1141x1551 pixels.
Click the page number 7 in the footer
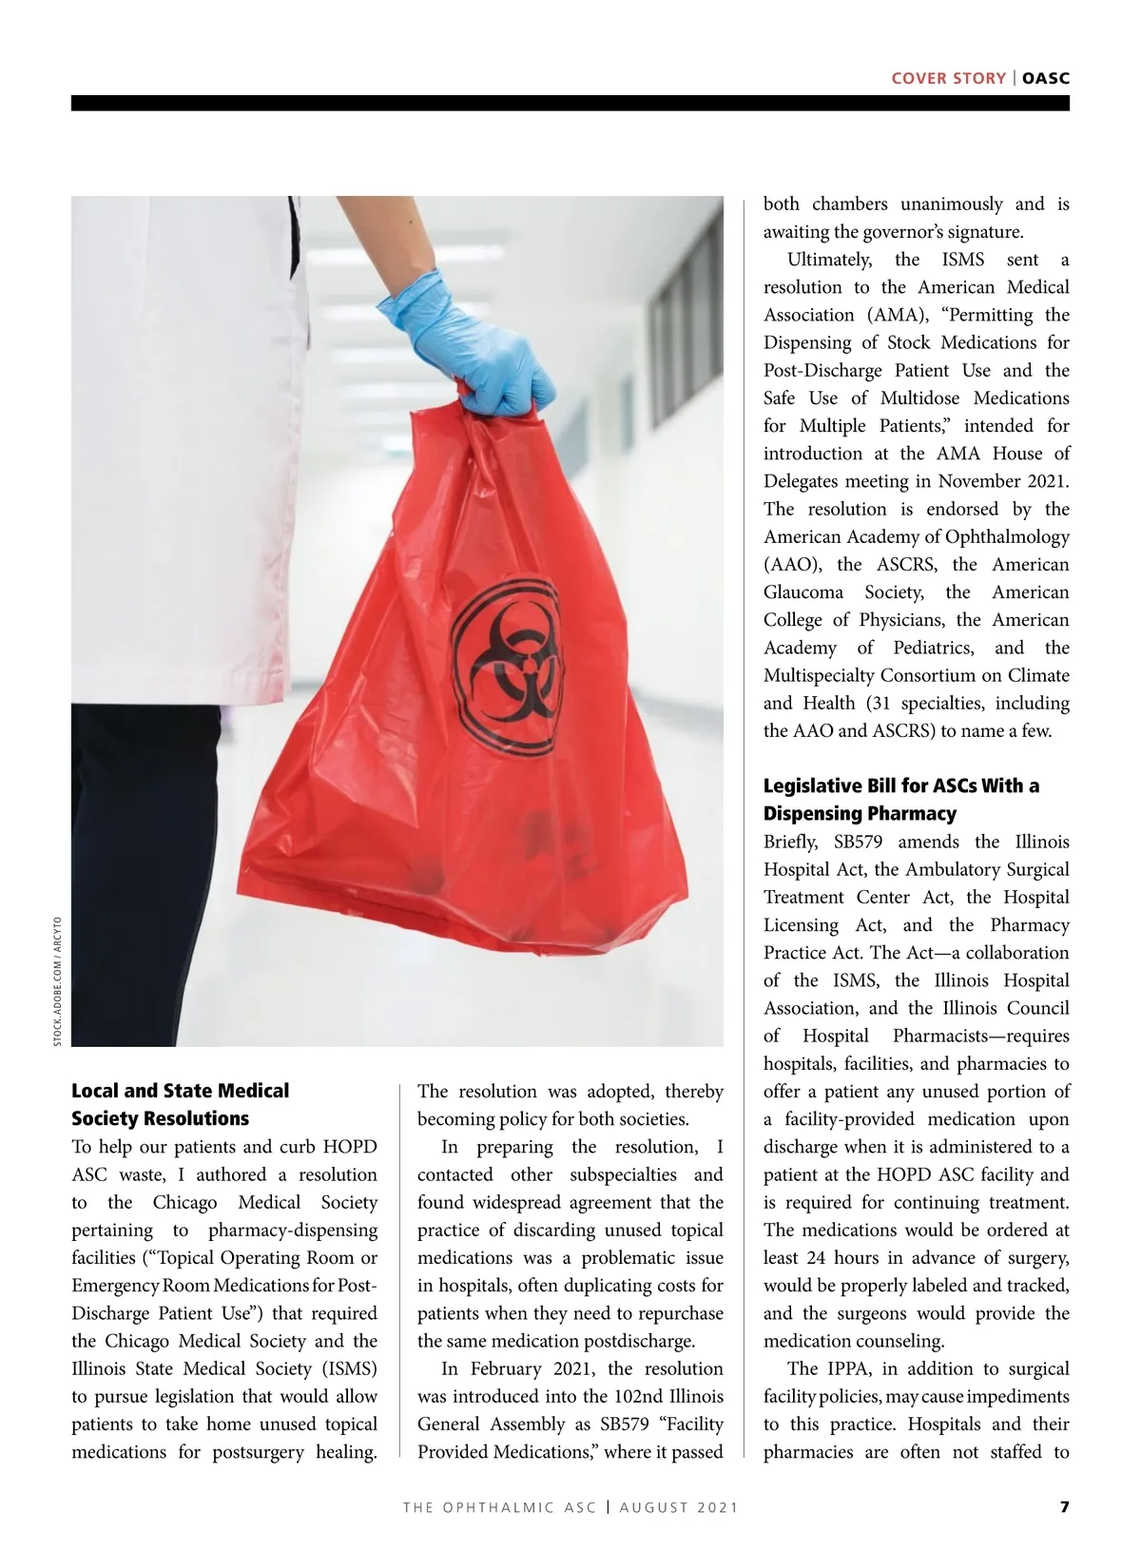click(x=1065, y=1507)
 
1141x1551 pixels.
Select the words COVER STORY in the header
click(x=948, y=78)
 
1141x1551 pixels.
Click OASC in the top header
click(x=1046, y=78)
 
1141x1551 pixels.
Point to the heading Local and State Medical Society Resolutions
click(x=180, y=1104)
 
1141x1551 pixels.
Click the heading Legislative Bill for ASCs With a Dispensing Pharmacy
click(x=900, y=800)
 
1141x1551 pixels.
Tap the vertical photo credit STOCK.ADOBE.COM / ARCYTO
click(x=57, y=981)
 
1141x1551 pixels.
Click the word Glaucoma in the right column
click(x=803, y=592)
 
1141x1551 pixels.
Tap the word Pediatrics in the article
click(x=933, y=648)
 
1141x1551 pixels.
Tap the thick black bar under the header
click(x=570, y=103)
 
